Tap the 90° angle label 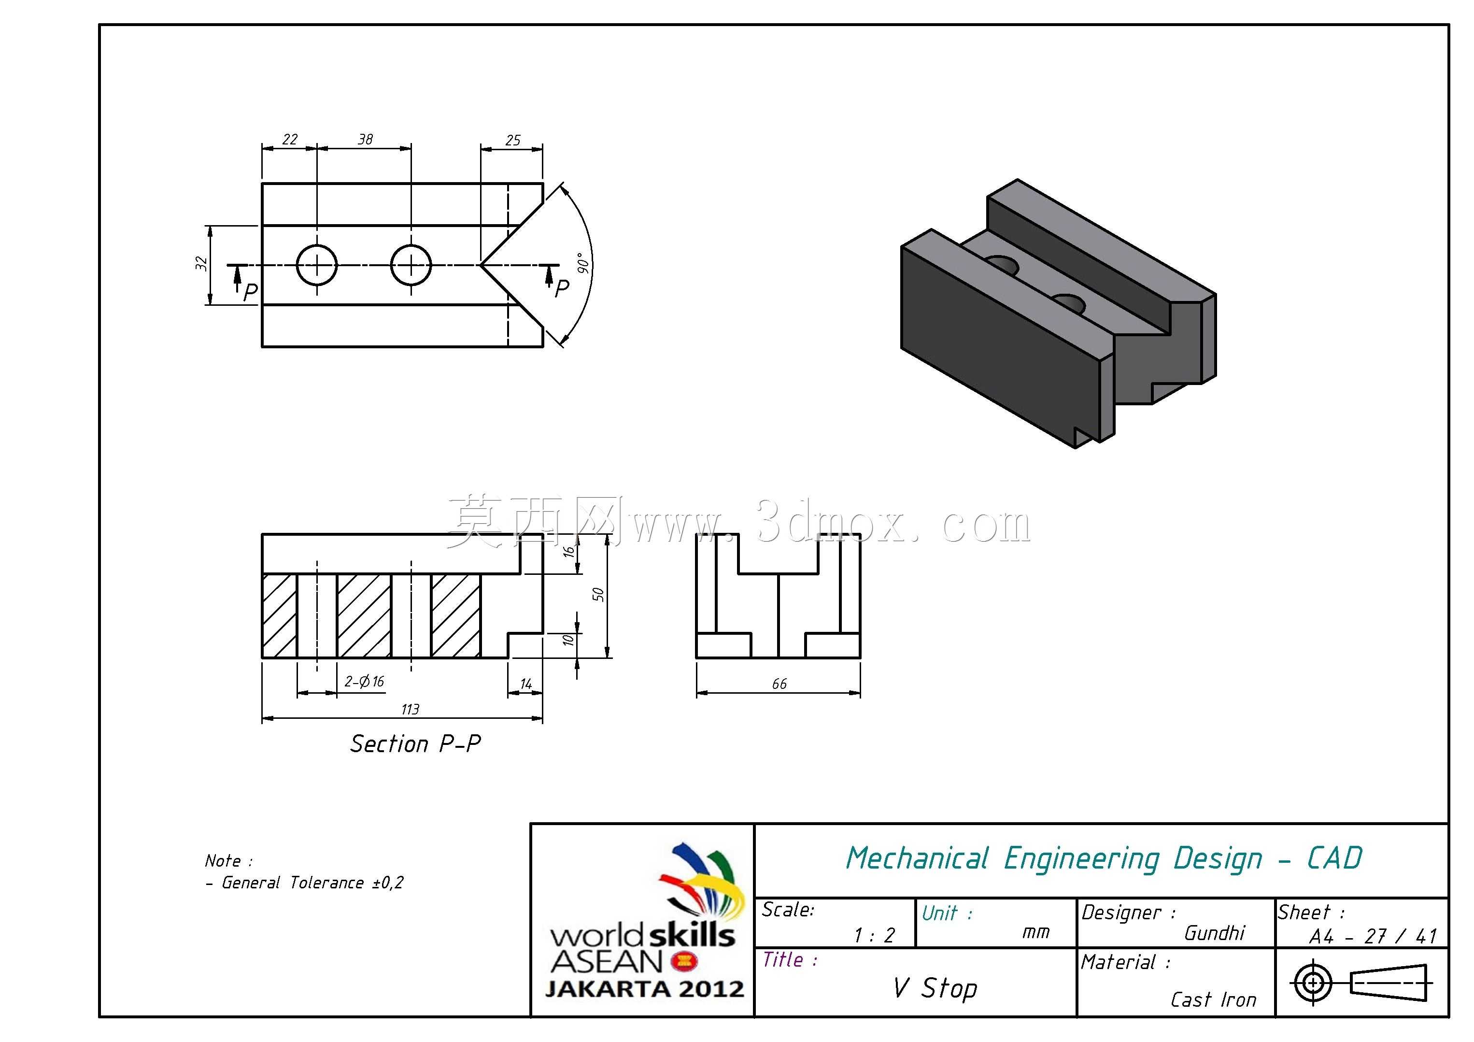pos(583,263)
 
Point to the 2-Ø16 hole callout pos(364,682)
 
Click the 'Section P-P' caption pos(415,744)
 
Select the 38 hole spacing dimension pos(365,139)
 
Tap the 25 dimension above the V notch pos(512,140)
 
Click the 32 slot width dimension pos(201,263)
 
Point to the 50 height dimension pos(598,595)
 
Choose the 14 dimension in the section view pos(526,685)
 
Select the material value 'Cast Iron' pos(1213,999)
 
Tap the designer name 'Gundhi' pos(1215,933)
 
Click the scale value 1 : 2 pos(874,935)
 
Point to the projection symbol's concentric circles pos(1314,983)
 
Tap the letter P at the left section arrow pos(250,292)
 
